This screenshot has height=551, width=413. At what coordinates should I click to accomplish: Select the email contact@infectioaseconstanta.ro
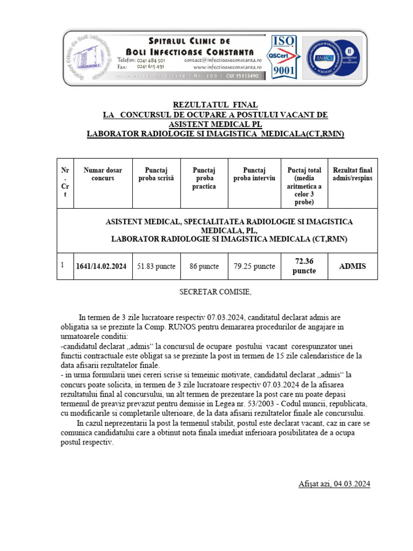point(223,60)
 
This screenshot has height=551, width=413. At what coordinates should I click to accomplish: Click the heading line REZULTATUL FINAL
point(215,104)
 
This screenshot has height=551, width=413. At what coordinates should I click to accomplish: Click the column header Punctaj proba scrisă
point(156,174)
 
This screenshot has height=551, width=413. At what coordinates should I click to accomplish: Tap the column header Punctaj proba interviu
point(254,174)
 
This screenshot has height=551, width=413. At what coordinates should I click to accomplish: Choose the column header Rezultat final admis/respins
point(352,174)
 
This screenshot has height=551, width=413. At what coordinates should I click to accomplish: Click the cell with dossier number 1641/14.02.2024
point(102,266)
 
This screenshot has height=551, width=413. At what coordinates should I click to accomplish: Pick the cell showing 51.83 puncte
point(156,266)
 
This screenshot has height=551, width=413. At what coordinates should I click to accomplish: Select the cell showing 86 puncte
point(204,266)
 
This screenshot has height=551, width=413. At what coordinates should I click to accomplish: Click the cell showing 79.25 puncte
point(254,266)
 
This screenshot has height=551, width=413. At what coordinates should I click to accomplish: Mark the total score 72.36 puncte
point(304,266)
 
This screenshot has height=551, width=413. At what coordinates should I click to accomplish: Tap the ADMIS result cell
point(352,266)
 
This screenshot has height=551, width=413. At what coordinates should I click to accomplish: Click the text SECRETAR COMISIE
point(215,292)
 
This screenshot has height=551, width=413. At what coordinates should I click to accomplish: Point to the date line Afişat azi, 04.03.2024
point(334,484)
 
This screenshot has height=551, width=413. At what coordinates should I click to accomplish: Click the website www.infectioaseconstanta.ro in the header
point(227,67)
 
